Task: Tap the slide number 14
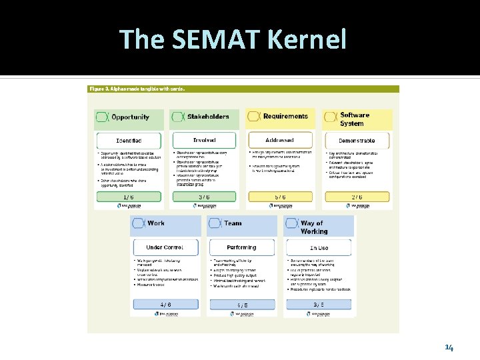pos(449,347)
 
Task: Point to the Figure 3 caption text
pos(137,89)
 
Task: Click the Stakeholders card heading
pos(208,117)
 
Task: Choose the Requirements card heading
pos(285,117)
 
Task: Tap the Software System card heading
pos(355,119)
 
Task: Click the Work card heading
pos(156,223)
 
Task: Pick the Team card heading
pos(233,223)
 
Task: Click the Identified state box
pos(129,141)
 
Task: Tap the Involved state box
pos(205,141)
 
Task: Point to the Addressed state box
pos(280,141)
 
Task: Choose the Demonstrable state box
pos(357,141)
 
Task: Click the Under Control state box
pos(165,247)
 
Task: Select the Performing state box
pos(241,247)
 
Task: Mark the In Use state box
pos(319,247)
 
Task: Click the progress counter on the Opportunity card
pos(129,197)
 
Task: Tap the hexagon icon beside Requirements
pos(255,117)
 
